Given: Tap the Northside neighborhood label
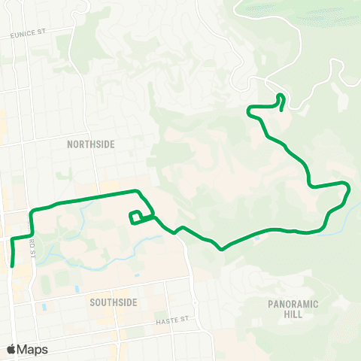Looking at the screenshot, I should pos(90,144).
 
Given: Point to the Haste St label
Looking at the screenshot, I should pos(171,320).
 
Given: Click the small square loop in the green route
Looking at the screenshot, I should pos(137,217).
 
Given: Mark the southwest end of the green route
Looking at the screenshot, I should pos(14,265).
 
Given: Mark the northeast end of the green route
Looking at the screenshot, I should pos(281,110).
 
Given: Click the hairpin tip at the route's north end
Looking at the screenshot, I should pos(281,95).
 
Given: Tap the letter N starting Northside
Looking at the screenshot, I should pos(70,144).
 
